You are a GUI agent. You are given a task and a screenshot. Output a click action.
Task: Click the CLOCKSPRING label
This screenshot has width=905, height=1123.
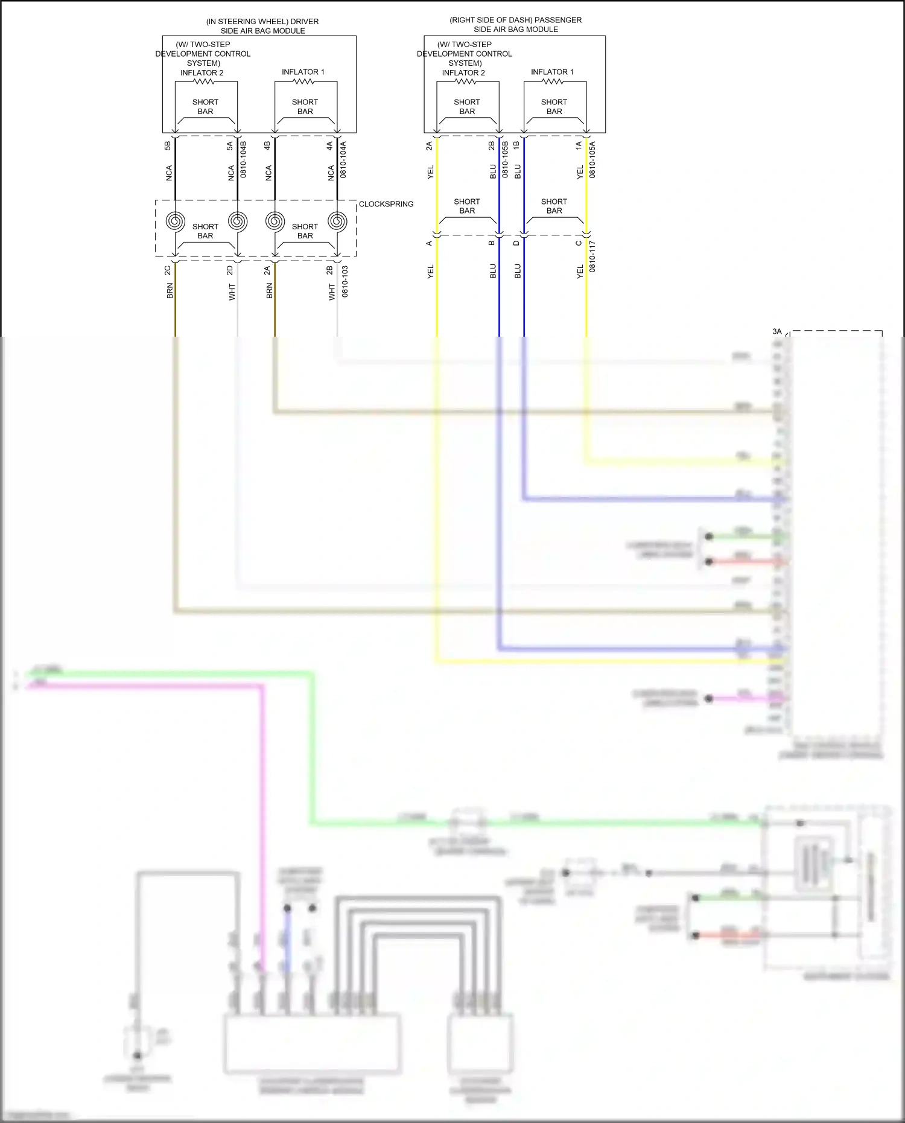click(x=386, y=204)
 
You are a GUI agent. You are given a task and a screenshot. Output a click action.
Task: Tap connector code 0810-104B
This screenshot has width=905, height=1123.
click(x=243, y=159)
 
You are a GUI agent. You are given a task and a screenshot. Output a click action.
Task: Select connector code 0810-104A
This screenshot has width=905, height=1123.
click(x=343, y=159)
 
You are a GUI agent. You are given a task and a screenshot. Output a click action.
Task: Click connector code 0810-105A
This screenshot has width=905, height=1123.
click(x=592, y=159)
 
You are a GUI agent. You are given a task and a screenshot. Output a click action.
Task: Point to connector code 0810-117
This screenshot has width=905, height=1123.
click(x=592, y=256)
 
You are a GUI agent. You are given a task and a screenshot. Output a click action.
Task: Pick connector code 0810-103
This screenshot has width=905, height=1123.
click(x=345, y=281)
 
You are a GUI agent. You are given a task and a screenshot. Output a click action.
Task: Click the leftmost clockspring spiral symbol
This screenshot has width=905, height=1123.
click(x=175, y=221)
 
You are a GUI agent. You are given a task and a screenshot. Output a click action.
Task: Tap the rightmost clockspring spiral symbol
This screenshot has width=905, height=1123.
click(x=337, y=221)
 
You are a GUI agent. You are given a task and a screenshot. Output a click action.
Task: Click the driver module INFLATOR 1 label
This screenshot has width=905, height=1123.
click(x=303, y=72)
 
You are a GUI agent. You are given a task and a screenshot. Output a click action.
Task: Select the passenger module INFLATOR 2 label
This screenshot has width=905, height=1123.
click(x=463, y=73)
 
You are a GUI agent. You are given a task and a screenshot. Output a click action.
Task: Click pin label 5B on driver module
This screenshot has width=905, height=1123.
click(x=168, y=146)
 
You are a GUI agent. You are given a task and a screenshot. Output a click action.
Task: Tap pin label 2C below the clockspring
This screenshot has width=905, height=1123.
click(x=168, y=270)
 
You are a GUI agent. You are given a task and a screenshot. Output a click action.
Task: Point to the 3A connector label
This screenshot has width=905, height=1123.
click(x=776, y=331)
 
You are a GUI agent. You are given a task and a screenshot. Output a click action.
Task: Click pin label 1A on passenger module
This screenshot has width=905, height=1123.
click(x=578, y=146)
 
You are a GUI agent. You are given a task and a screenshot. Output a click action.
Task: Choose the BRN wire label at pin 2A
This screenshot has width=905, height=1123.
click(x=269, y=291)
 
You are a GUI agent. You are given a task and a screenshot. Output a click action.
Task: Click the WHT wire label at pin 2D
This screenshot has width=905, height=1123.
click(x=232, y=293)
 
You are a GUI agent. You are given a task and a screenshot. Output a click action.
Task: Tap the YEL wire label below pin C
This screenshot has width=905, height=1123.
click(x=580, y=272)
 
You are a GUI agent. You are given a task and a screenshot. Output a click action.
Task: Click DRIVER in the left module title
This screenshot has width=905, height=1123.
click(x=304, y=22)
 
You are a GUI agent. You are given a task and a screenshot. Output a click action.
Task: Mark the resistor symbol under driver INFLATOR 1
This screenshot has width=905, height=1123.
click(x=303, y=81)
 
